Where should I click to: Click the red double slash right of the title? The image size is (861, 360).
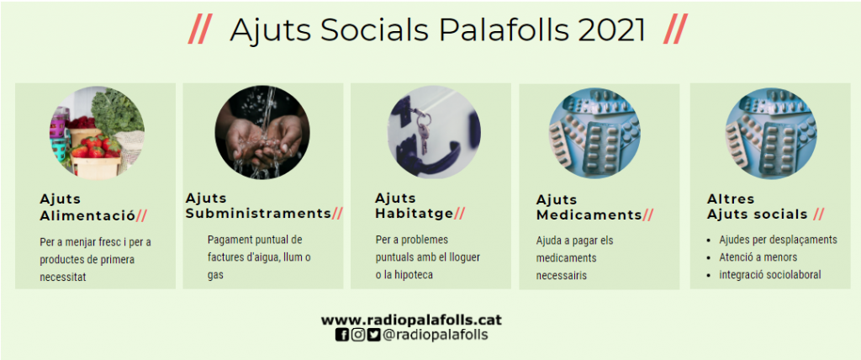click(x=675, y=29)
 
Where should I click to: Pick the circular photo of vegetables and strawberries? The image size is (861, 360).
click(x=97, y=133)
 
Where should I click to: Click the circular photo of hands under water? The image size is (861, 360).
click(x=262, y=132)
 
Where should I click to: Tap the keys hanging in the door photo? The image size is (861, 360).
click(x=421, y=131)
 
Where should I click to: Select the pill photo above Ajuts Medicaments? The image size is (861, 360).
click(x=594, y=134)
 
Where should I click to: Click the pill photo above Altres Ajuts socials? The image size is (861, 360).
click(x=771, y=134)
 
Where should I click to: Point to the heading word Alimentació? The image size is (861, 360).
click(x=87, y=215)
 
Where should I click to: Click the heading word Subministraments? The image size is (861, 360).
click(x=258, y=214)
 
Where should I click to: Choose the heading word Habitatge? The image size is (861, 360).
click(x=415, y=214)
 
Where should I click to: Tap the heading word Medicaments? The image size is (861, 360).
click(x=589, y=214)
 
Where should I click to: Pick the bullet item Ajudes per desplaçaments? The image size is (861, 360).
click(x=778, y=240)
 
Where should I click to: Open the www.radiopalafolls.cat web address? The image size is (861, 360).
click(x=411, y=320)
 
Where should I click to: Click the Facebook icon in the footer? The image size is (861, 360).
click(x=341, y=334)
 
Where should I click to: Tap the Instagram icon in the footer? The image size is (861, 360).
click(x=357, y=334)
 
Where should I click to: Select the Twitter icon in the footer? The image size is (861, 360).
click(x=373, y=334)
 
